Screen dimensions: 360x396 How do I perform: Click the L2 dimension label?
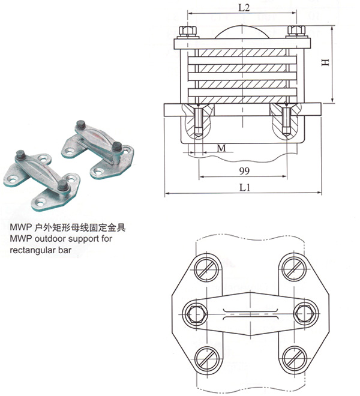[x=244, y=8]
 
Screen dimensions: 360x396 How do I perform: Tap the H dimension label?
[x=326, y=62]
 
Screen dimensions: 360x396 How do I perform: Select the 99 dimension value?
[x=244, y=171]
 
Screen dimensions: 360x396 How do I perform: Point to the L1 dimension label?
[x=245, y=187]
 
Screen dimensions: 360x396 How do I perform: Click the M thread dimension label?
[x=221, y=148]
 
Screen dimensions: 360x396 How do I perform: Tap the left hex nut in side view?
[x=188, y=31]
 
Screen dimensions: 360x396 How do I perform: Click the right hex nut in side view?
[x=296, y=31]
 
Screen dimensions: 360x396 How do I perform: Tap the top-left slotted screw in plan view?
[x=207, y=269]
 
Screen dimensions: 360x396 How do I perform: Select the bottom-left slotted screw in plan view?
[x=207, y=359]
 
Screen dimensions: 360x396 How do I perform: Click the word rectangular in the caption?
[x=32, y=250]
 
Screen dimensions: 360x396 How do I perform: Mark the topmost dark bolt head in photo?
[x=81, y=124]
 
